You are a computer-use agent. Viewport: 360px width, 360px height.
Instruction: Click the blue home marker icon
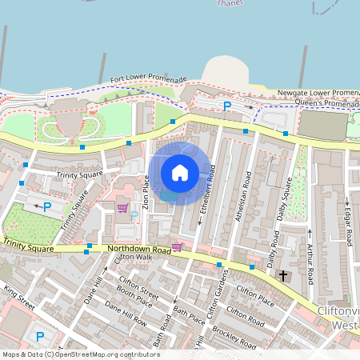tap(180, 173)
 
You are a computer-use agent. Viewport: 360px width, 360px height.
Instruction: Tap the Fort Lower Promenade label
tap(149, 80)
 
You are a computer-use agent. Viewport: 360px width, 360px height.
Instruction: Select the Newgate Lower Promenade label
tap(320, 93)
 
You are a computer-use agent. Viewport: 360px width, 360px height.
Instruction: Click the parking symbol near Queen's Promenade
tap(226, 106)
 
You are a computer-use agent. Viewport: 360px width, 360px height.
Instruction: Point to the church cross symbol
tap(282, 275)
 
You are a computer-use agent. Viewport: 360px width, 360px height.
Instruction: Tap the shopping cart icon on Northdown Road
tap(177, 246)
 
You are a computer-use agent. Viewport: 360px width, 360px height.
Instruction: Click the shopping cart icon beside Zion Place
tap(122, 208)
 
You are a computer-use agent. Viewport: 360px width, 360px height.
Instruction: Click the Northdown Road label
tap(139, 250)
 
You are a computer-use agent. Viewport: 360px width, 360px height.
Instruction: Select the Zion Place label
tap(146, 192)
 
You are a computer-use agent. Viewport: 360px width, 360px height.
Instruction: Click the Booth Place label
tap(134, 298)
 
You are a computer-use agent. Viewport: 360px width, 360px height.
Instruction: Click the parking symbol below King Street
tap(41, 337)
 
